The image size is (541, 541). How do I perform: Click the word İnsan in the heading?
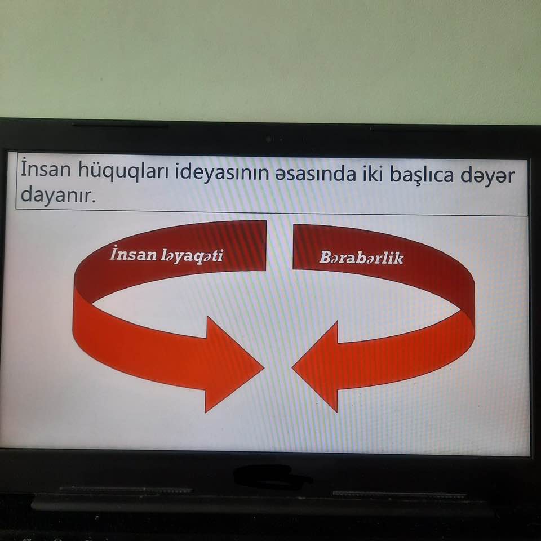point(46,168)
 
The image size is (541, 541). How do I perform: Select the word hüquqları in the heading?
point(123,171)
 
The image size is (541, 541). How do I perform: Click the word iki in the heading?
point(372,174)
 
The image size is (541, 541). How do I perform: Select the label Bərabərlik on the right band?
point(361,258)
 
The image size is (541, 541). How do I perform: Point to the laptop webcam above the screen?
point(268,139)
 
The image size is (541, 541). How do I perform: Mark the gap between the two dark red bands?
point(280,246)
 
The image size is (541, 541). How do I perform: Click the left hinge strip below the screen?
point(126,490)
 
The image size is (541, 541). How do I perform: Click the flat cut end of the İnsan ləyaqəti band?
point(265,246)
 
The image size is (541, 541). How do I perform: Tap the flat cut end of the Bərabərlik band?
point(294,247)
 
